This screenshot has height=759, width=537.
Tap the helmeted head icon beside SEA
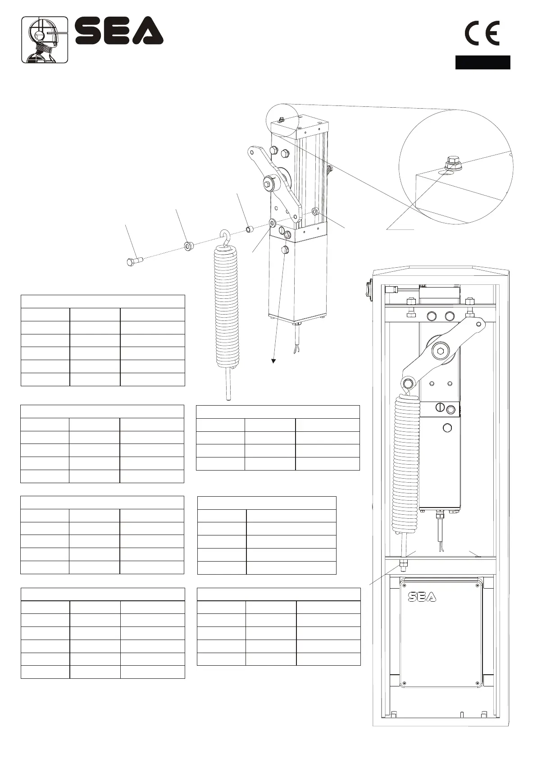(45, 40)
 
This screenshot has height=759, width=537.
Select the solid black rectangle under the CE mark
(482, 62)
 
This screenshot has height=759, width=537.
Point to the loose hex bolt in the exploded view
(134, 261)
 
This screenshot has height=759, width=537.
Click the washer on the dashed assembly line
(188, 246)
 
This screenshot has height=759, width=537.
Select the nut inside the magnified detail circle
(451, 163)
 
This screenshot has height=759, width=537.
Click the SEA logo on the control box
(422, 597)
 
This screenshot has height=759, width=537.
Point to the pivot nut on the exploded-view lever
(268, 183)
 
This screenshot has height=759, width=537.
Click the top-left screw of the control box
(404, 585)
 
